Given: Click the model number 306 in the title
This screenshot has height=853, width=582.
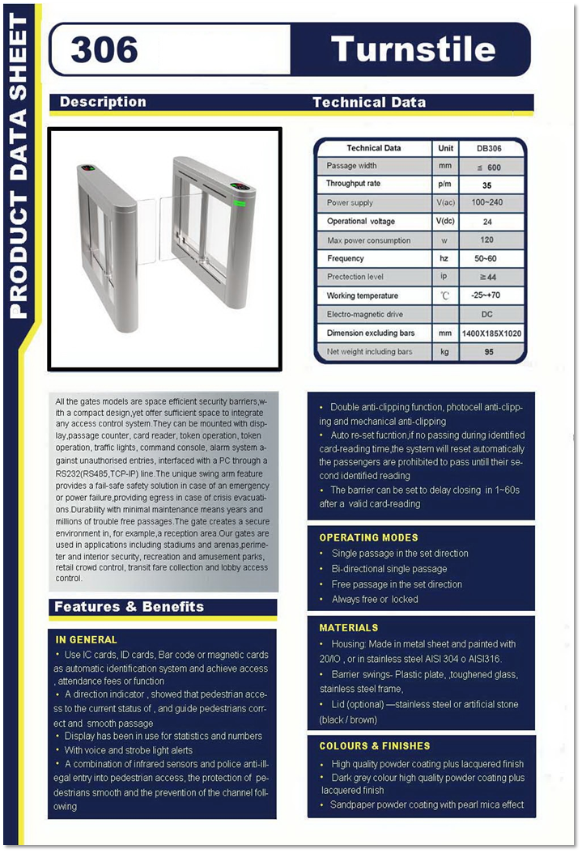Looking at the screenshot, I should (104, 50).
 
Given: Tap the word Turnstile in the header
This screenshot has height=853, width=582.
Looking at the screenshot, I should (413, 49).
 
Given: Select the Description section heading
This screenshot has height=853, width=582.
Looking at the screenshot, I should (103, 102).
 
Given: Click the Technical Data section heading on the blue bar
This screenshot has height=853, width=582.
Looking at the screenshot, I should (368, 102).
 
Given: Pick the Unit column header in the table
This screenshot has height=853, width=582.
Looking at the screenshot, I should (445, 148).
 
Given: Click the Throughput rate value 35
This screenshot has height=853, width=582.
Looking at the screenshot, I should (486, 185).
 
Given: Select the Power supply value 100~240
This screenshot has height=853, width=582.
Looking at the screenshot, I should (486, 203).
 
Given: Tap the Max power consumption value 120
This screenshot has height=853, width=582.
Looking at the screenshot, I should (486, 240).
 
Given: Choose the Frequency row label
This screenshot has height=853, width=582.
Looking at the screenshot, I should (346, 259).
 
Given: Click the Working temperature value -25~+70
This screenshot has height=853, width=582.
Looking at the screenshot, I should (486, 296).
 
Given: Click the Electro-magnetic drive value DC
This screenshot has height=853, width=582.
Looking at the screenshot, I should (486, 314).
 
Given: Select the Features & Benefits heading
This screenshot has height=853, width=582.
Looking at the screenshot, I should (129, 607).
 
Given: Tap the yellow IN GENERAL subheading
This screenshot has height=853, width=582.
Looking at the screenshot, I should (87, 639).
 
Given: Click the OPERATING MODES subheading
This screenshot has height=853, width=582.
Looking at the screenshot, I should (368, 537).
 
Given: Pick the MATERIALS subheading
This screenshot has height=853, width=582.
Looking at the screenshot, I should (348, 627).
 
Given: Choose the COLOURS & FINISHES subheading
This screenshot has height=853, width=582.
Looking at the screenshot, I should (375, 745).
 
